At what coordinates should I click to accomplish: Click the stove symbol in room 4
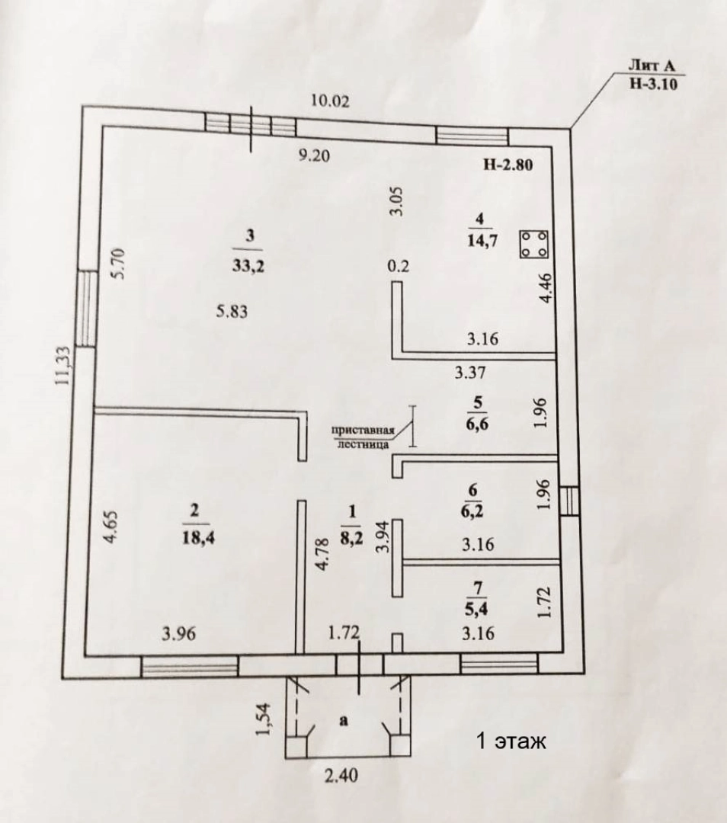[534, 245]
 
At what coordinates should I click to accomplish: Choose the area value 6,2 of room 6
[476, 511]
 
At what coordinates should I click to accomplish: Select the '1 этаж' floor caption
[511, 741]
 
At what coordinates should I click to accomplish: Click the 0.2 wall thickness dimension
[398, 266]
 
